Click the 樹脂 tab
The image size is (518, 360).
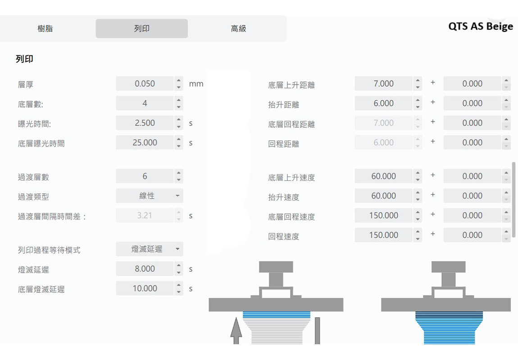click(x=45, y=28)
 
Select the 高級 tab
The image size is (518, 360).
click(x=238, y=28)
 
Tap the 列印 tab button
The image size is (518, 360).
click(x=142, y=28)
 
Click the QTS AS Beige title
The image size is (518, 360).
click(x=480, y=26)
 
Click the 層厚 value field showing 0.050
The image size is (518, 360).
click(x=145, y=84)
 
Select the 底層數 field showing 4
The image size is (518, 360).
click(x=145, y=103)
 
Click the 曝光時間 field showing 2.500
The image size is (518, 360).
click(x=145, y=123)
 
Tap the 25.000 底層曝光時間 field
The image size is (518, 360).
click(x=145, y=143)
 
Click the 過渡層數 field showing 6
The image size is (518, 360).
click(x=145, y=176)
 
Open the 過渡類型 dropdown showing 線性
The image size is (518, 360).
click(x=150, y=196)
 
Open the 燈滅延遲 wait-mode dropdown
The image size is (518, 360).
click(x=150, y=249)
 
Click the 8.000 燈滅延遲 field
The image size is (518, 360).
click(x=145, y=269)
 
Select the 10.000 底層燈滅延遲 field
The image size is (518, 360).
click(x=145, y=288)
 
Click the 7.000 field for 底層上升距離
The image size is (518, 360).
click(x=383, y=84)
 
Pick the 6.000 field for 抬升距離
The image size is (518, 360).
click(x=383, y=103)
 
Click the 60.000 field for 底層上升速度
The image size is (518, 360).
click(x=383, y=176)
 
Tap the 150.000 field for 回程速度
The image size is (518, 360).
click(x=383, y=235)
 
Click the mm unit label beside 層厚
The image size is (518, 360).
click(x=196, y=84)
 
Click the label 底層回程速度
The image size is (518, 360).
click(x=291, y=217)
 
